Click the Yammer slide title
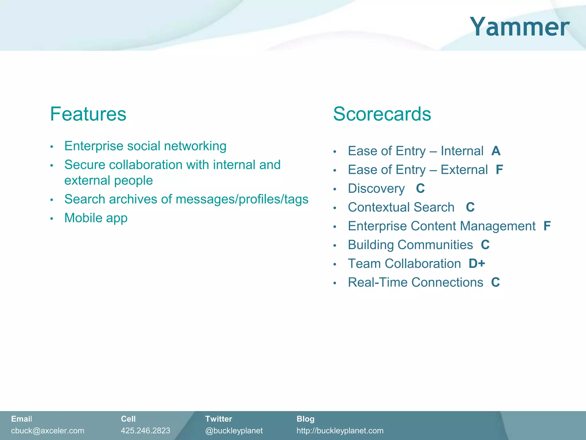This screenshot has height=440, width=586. coord(519,27)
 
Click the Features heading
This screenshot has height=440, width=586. coord(88,114)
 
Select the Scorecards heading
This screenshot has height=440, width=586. coord(382,114)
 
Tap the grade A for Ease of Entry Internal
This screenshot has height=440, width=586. coord(496,151)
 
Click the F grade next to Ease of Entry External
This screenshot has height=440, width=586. coord(499,170)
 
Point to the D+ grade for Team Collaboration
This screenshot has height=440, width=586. coord(477,264)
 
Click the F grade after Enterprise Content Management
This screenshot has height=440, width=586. coord(547,226)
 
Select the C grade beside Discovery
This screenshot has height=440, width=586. coord(420,188)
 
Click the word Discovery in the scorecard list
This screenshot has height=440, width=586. coord(376,189)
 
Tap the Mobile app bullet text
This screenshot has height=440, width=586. coord(96,218)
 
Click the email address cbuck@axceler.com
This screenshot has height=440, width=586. coord(47,431)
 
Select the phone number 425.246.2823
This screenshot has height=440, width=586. coord(145,431)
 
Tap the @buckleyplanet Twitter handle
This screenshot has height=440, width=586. coord(234,431)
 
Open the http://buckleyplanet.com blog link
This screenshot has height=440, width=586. coord(340,431)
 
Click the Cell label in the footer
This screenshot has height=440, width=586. coord(128,419)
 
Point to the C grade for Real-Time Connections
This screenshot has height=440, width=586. coord(495,282)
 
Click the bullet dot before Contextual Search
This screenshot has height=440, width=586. coord(334,208)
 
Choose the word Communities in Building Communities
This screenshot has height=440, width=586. coord(435,245)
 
